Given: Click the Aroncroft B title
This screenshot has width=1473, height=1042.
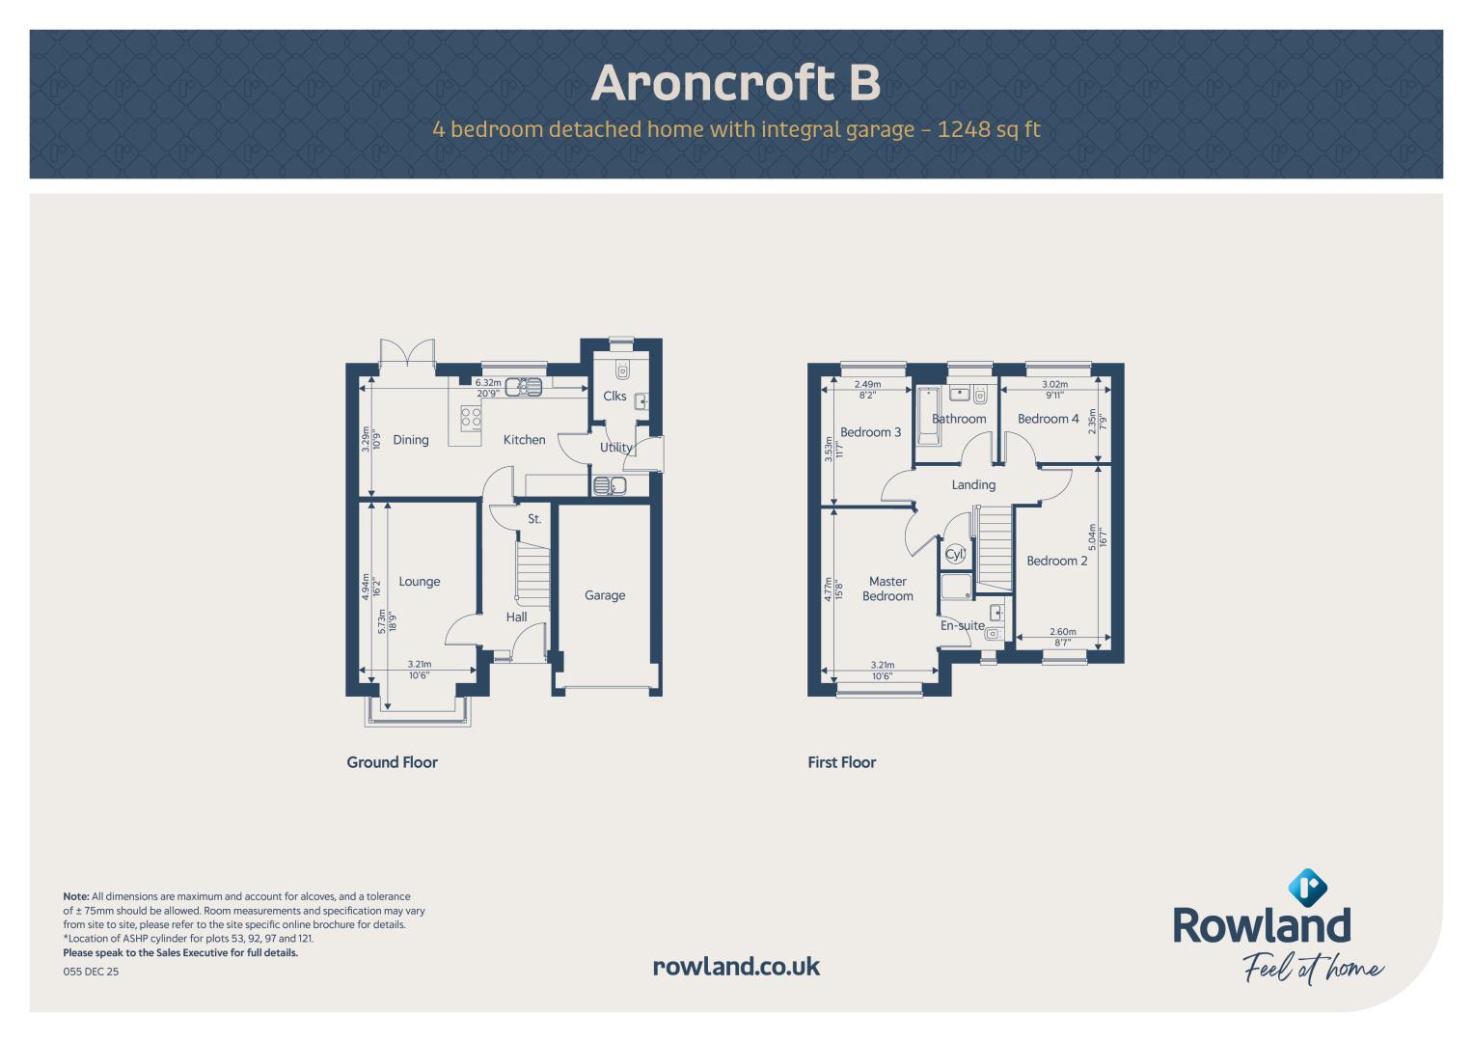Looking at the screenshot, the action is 735,83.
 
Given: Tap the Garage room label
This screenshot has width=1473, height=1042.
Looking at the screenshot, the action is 604,595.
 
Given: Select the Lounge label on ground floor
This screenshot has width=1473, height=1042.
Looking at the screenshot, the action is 419,582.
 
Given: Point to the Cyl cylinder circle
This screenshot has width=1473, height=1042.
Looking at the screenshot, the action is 954,554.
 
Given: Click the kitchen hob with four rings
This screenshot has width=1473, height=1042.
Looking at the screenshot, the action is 470,418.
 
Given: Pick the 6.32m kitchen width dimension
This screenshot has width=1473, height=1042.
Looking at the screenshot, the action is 488,382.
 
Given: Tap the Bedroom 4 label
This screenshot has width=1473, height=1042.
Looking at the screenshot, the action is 1049,419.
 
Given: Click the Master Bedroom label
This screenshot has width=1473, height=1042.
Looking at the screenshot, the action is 887,589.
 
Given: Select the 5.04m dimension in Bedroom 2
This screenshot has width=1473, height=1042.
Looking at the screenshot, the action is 1092,536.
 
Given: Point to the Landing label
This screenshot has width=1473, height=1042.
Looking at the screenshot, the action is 973,484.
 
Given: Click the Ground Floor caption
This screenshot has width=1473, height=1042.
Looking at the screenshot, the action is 392,762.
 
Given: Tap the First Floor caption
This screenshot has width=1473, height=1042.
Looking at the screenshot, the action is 842,762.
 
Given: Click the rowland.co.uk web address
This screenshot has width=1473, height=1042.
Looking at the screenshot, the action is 737,967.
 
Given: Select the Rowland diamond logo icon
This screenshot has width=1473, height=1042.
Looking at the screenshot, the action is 1307,888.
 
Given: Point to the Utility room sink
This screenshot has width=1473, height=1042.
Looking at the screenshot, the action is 610,485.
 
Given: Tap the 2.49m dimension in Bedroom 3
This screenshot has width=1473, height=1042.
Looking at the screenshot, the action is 867,384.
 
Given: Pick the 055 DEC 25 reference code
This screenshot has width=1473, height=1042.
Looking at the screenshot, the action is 91,972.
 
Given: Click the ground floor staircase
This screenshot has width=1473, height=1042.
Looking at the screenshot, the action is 532,573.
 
